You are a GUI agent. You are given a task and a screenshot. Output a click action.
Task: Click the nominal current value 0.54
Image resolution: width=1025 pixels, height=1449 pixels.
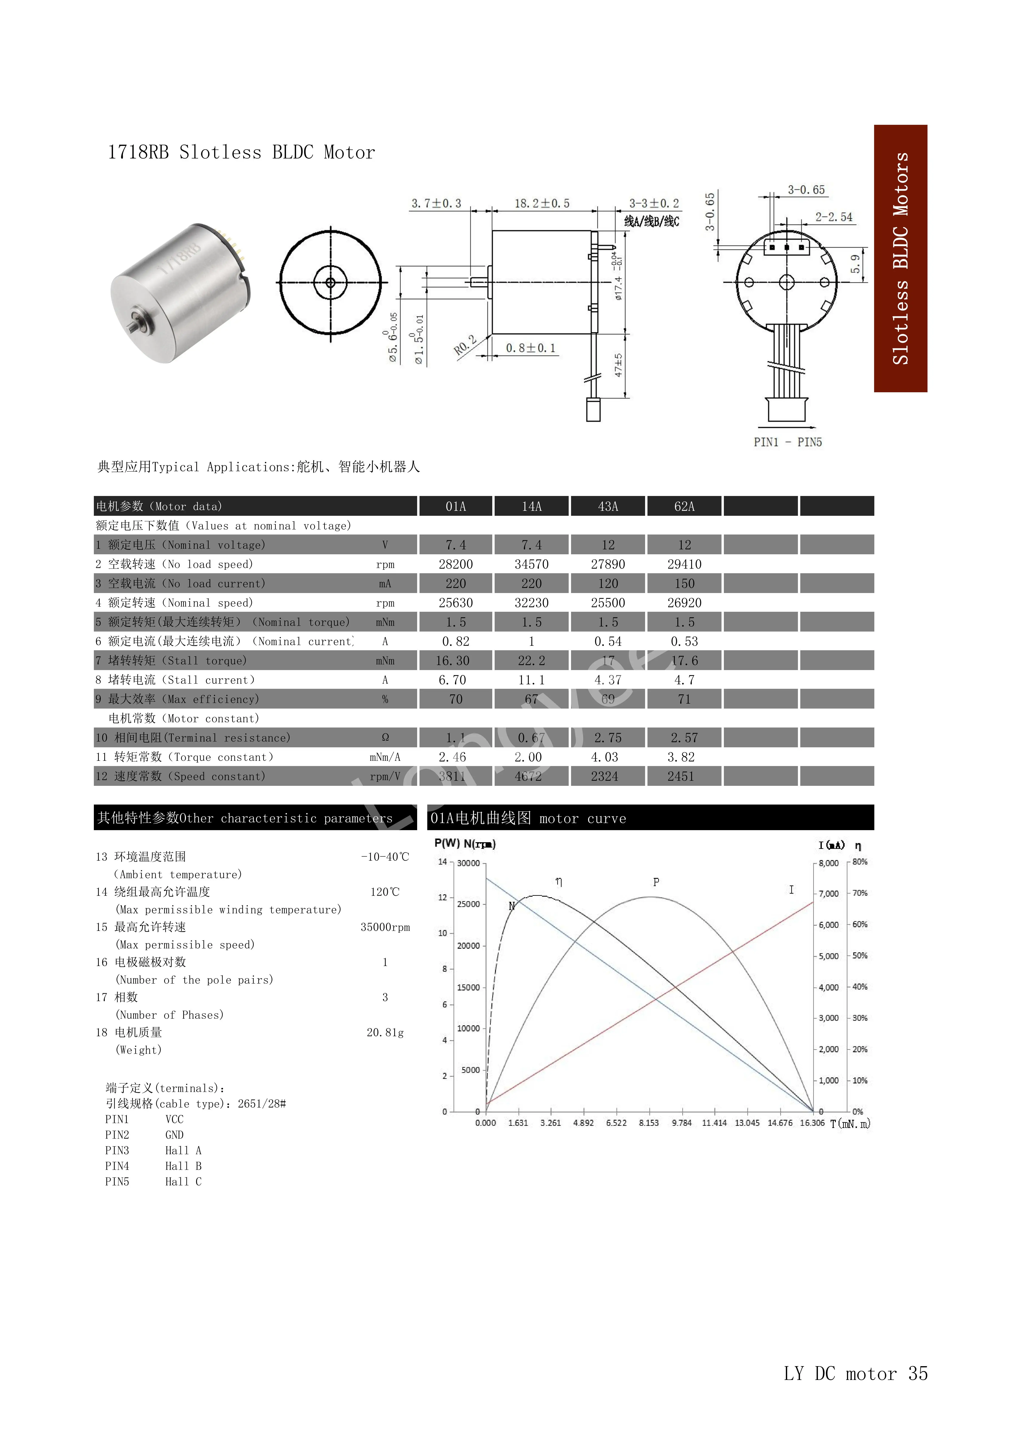tap(608, 641)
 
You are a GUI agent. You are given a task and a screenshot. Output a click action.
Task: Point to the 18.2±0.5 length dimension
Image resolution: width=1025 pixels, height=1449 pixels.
tap(542, 203)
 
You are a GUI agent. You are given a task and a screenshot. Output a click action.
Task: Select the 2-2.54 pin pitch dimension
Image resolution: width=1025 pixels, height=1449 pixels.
tap(833, 217)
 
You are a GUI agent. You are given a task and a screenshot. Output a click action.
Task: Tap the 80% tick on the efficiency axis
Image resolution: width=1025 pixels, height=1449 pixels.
tap(860, 862)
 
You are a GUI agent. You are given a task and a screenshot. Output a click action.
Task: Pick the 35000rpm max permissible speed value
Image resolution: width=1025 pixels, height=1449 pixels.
tap(385, 927)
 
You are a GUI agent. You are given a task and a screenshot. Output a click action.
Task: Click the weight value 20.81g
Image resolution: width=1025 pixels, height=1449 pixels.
tap(385, 1032)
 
